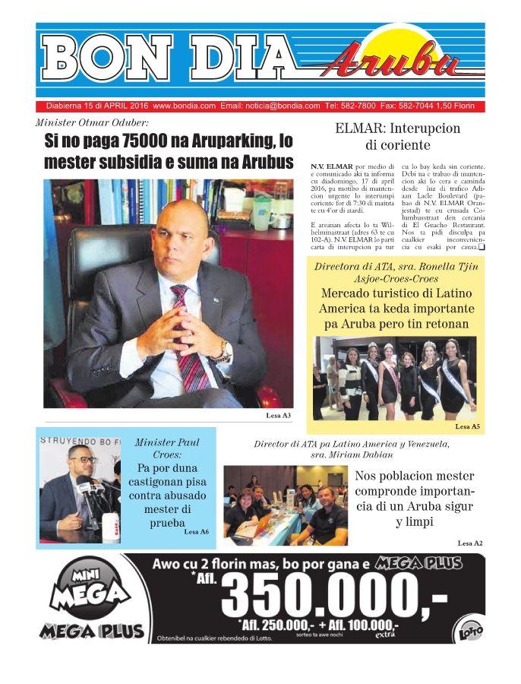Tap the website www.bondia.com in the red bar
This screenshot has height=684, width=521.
click(x=184, y=106)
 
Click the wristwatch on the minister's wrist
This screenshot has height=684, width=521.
click(x=223, y=349)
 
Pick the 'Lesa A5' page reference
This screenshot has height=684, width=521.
click(x=467, y=427)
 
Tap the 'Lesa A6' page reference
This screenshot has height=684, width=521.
click(x=196, y=532)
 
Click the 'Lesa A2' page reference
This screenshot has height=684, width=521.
click(x=469, y=543)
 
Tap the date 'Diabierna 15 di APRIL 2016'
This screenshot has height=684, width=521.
click(x=96, y=106)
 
